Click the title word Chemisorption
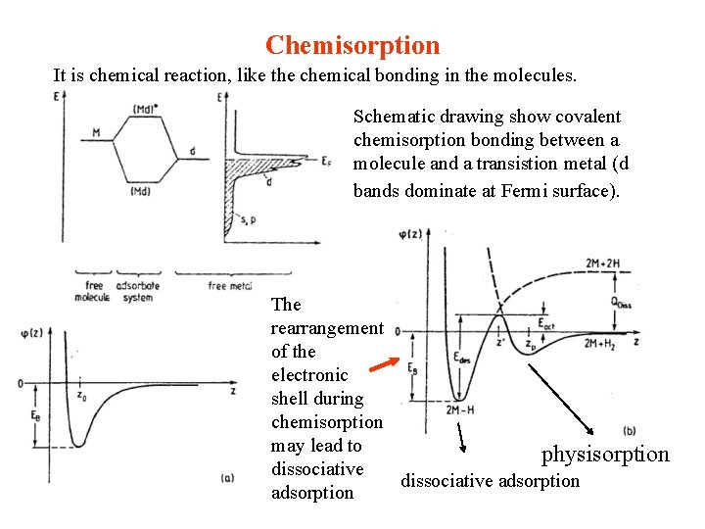[352, 45]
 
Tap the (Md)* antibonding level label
[146, 109]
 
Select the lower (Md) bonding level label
[140, 191]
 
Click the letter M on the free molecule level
[95, 132]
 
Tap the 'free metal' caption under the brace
[231, 286]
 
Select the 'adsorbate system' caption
[138, 291]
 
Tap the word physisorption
[605, 454]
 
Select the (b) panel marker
[629, 429]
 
